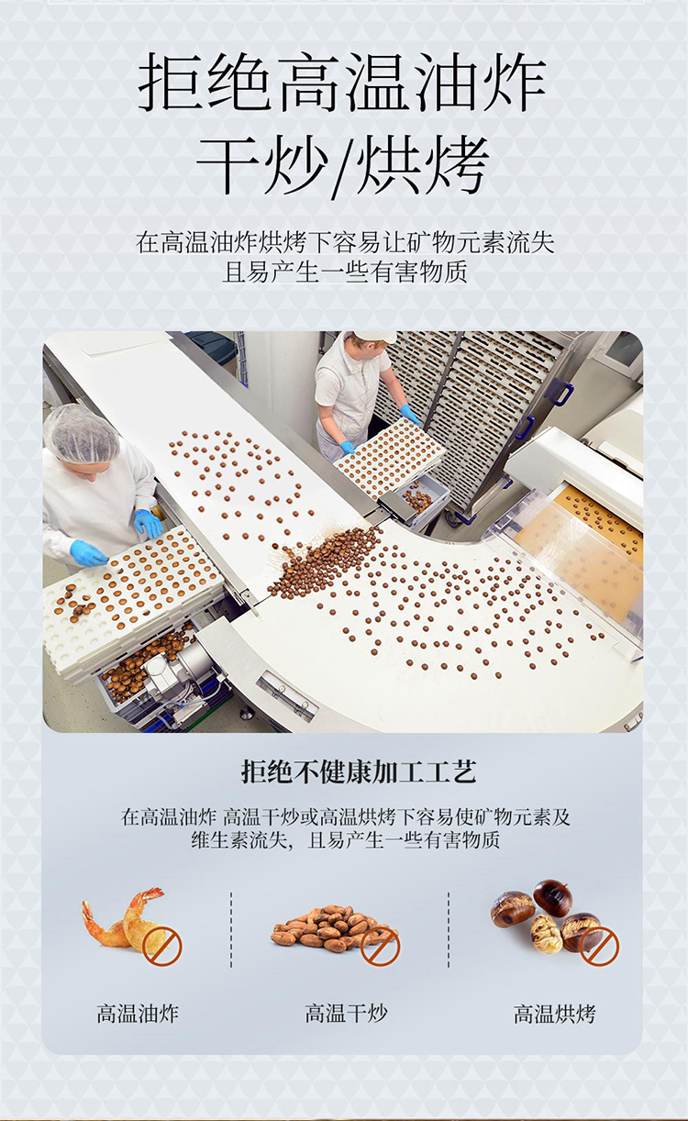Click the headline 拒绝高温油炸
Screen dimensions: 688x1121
342,83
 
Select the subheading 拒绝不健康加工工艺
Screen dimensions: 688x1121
359,771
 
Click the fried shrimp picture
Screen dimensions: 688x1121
125,920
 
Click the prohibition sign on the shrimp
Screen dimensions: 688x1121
162,946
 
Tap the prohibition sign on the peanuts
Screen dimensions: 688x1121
381,946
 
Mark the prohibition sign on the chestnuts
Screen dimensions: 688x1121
599,946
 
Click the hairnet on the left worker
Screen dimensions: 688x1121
82,433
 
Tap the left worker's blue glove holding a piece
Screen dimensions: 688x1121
88,553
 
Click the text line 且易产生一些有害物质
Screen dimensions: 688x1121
345,272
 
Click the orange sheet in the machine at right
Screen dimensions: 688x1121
581,556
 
